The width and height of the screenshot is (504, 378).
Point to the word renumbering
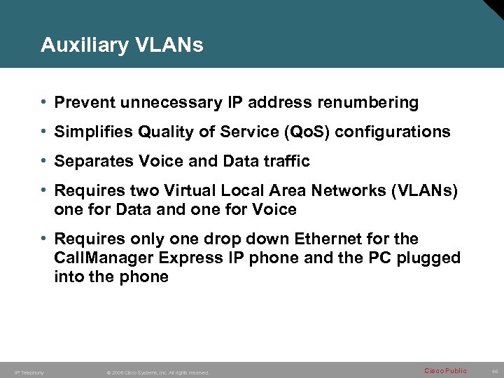368,103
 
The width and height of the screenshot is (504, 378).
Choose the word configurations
393,132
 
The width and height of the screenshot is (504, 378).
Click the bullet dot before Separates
44,161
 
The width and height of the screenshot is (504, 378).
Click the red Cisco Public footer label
445,371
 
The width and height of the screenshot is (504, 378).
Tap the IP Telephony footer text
29,372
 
